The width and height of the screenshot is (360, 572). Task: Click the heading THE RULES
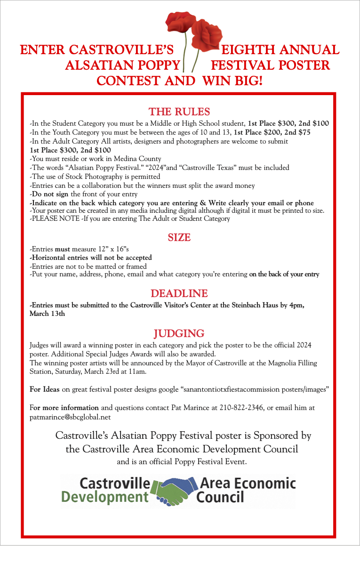[x=179, y=112]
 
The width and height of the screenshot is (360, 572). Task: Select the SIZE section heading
[x=179, y=238]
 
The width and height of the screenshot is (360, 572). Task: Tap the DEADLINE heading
[x=179, y=294]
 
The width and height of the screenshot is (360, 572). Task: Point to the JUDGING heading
[x=179, y=334]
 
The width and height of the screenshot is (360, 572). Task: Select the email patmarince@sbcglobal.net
[x=70, y=417]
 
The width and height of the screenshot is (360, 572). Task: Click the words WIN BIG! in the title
[x=232, y=81]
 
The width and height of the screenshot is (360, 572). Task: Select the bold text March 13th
[x=47, y=314]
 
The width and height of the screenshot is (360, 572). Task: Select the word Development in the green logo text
[x=105, y=497]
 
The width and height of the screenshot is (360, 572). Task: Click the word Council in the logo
[x=220, y=497]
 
